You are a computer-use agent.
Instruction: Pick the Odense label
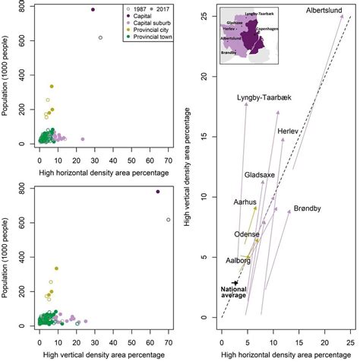click(x=247, y=235)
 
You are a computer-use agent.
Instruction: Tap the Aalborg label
click(x=238, y=260)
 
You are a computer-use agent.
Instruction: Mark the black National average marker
click(x=235, y=282)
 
